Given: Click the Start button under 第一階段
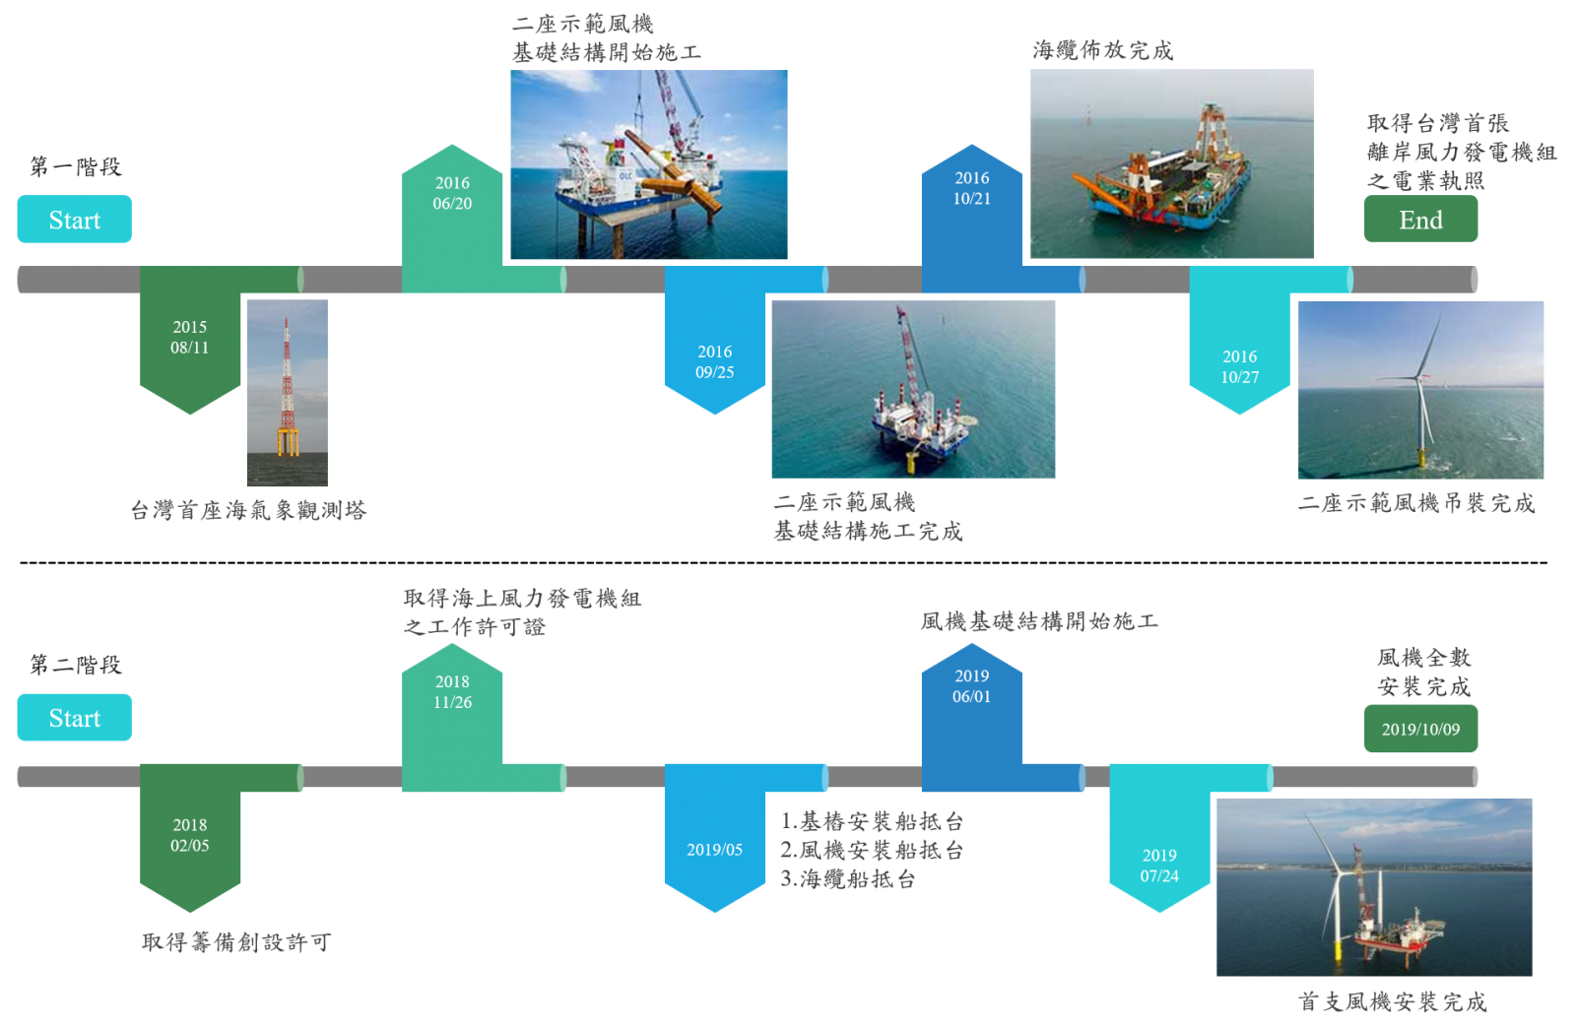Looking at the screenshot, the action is coord(75,220).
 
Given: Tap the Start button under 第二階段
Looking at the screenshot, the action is coord(75,718).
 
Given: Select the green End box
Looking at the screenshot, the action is coord(1420,220).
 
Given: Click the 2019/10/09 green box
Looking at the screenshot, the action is coord(1420,729).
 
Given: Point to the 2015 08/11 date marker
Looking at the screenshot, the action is coord(190,338).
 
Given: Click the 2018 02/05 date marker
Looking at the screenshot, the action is coord(190,837).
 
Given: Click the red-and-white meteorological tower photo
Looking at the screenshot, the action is coord(287,393).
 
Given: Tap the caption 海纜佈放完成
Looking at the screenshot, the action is coord(1102,50).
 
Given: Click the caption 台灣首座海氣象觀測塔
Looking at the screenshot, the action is coord(248,510).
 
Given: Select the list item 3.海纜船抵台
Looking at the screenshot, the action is coord(848,878).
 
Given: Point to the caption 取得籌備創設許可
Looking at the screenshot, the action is coord(236,941).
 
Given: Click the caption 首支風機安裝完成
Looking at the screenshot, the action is coord(1393,1001).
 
